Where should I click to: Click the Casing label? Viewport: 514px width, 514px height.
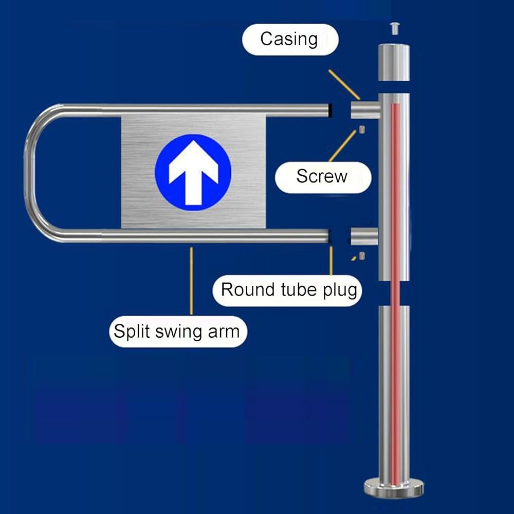(x=290, y=40)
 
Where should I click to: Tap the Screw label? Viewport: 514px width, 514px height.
(x=323, y=177)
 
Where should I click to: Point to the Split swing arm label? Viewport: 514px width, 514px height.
(x=178, y=332)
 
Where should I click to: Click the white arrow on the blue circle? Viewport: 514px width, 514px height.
(x=193, y=172)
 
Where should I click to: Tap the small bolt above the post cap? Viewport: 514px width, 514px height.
(x=394, y=28)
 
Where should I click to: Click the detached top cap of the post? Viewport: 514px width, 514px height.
(x=394, y=62)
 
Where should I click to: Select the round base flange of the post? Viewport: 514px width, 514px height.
(x=394, y=488)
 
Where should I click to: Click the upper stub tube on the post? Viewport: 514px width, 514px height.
(x=365, y=109)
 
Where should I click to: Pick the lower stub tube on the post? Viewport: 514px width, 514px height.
(x=364, y=236)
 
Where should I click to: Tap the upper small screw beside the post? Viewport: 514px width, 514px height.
(x=362, y=130)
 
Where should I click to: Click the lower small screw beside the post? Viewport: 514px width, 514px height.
(x=362, y=256)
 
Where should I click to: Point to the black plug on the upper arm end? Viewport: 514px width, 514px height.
(x=331, y=111)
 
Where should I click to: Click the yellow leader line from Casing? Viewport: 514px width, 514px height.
(x=344, y=84)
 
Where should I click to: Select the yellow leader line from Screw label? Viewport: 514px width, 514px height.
(x=342, y=146)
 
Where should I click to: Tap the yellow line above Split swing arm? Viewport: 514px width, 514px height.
(x=191, y=281)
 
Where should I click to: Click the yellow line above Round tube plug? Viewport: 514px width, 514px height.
(x=331, y=261)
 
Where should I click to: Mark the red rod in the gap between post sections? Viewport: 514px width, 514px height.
(x=396, y=293)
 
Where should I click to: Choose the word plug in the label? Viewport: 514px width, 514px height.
(x=340, y=291)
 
